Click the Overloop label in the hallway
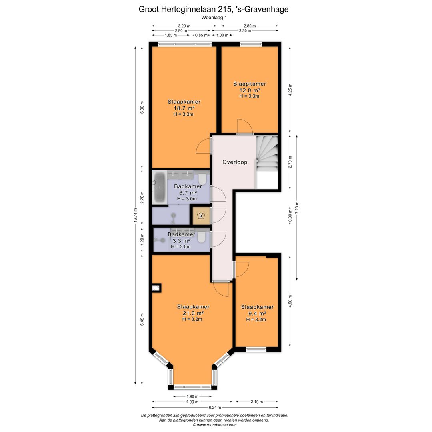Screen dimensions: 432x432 tap(235, 162)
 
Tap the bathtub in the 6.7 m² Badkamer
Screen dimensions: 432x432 tap(160, 187)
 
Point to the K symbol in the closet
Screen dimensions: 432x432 tap(201, 216)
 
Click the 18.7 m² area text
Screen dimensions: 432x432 tap(184, 108)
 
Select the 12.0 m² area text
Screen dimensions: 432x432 tap(250, 90)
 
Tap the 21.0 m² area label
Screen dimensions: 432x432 tap(193, 313)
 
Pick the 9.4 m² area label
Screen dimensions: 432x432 tap(257, 314)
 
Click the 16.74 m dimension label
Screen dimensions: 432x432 tap(135, 215)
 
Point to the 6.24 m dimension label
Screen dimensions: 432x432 tap(215, 408)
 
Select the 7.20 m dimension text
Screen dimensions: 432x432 tap(297, 208)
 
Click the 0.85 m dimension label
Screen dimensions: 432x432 tap(201, 35)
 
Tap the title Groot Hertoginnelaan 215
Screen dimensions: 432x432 tap(184, 9)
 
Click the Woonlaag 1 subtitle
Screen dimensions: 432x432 tap(214, 18)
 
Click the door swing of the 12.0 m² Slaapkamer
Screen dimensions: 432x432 tap(245, 126)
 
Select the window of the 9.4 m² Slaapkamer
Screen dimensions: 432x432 tap(256, 349)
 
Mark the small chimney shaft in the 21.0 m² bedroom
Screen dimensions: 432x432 tap(156, 288)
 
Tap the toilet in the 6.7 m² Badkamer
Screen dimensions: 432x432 tap(202, 179)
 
